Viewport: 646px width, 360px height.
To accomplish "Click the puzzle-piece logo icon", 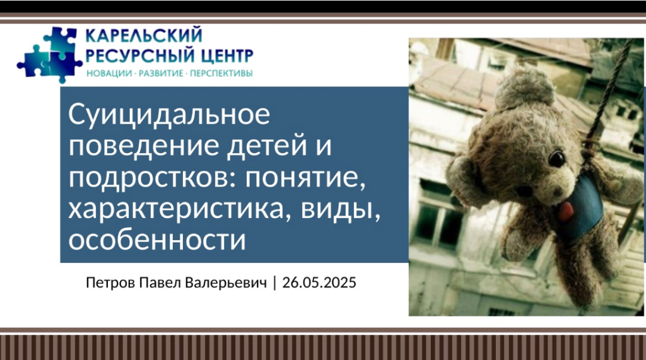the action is (x=50, y=55).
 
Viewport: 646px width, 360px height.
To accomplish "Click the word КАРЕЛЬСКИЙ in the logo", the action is (x=144, y=35).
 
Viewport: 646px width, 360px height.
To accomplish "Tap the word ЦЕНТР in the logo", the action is (x=226, y=55).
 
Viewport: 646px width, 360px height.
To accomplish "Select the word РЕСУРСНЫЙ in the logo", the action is (x=140, y=55).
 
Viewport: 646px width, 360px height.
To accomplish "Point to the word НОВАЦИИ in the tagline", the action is (x=109, y=74).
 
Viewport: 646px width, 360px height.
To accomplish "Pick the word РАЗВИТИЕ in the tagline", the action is (x=161, y=74).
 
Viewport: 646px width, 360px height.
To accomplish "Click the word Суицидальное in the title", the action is (x=169, y=114).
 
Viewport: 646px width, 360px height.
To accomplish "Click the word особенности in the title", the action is (x=157, y=240).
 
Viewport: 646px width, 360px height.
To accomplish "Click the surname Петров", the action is (x=110, y=283).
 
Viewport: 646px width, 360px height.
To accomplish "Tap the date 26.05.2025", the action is (x=319, y=282).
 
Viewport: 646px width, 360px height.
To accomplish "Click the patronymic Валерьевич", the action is (x=226, y=283).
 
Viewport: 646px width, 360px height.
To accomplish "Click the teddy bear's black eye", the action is (x=557, y=159).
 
